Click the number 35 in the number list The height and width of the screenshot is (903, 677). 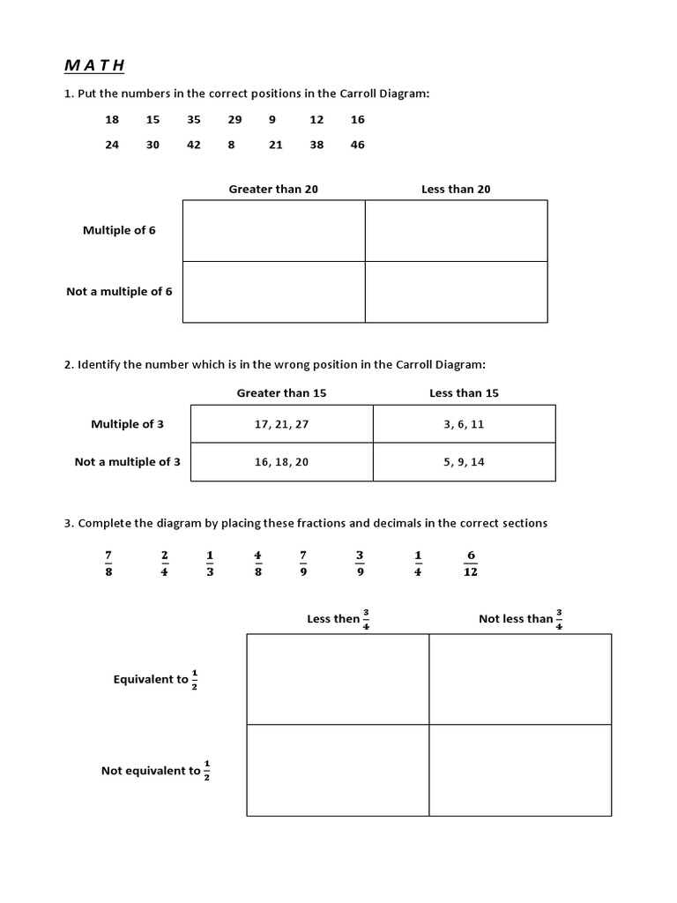click(x=194, y=120)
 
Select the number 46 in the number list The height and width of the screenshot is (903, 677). click(x=357, y=146)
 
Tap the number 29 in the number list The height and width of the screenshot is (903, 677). click(x=234, y=120)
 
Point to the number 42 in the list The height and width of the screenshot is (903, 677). click(x=194, y=146)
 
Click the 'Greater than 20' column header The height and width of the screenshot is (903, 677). click(x=273, y=190)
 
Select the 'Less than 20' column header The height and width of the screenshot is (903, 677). click(x=456, y=190)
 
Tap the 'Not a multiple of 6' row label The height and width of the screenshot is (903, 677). click(x=119, y=292)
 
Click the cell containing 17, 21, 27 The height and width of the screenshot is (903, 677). click(x=281, y=424)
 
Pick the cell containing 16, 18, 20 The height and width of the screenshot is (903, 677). click(x=281, y=462)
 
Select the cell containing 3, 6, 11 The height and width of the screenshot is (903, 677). click(x=464, y=424)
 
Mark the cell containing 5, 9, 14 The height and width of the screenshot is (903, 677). click(x=464, y=462)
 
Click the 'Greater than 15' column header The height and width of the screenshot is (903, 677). click(x=281, y=393)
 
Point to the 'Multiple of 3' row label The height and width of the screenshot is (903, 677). click(x=127, y=424)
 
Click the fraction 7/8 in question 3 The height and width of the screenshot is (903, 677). click(x=108, y=563)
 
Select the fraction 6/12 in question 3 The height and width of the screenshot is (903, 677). click(x=471, y=563)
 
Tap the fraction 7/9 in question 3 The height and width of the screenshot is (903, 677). click(x=303, y=563)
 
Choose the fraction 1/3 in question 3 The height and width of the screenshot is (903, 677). click(x=210, y=563)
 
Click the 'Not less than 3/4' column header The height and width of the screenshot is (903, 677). click(x=521, y=619)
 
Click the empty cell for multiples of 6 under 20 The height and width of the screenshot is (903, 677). click(x=456, y=230)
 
